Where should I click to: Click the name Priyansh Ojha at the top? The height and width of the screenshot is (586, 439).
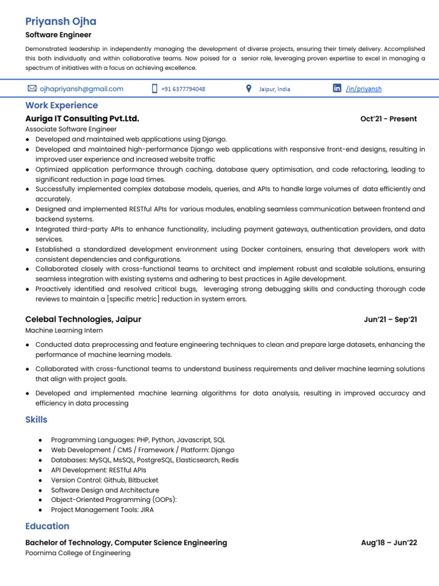pos(61,22)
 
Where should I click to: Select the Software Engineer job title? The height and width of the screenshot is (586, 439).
pos(58,35)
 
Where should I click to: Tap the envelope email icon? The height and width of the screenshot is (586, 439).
pos(32,89)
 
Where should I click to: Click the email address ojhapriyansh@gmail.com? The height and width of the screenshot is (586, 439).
pos(81,89)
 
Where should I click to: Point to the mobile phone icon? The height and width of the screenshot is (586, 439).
pos(154,89)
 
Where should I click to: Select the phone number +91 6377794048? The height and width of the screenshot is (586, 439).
pos(183,89)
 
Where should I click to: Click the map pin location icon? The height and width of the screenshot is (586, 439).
pos(248,89)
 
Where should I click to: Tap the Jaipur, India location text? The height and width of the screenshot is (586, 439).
pos(274,89)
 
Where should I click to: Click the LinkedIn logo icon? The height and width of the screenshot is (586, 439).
pos(337,88)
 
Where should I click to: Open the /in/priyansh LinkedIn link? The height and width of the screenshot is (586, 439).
pos(364,89)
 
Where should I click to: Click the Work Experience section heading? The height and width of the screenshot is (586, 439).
pos(61,105)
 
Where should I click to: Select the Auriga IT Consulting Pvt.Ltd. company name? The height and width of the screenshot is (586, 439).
pos(82,119)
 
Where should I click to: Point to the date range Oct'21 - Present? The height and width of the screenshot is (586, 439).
pos(388,119)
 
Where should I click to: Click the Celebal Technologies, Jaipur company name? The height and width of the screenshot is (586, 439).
pos(83,319)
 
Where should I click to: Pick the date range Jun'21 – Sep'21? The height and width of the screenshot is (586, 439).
pos(390,319)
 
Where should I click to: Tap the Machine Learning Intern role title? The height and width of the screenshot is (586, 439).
pos(64,331)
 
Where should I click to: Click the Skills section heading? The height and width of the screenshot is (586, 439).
pos(36,419)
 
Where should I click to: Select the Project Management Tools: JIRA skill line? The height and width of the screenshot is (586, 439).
pos(102,510)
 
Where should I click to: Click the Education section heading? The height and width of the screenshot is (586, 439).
pos(47,526)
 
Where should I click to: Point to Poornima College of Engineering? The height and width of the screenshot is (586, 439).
pos(78,553)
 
